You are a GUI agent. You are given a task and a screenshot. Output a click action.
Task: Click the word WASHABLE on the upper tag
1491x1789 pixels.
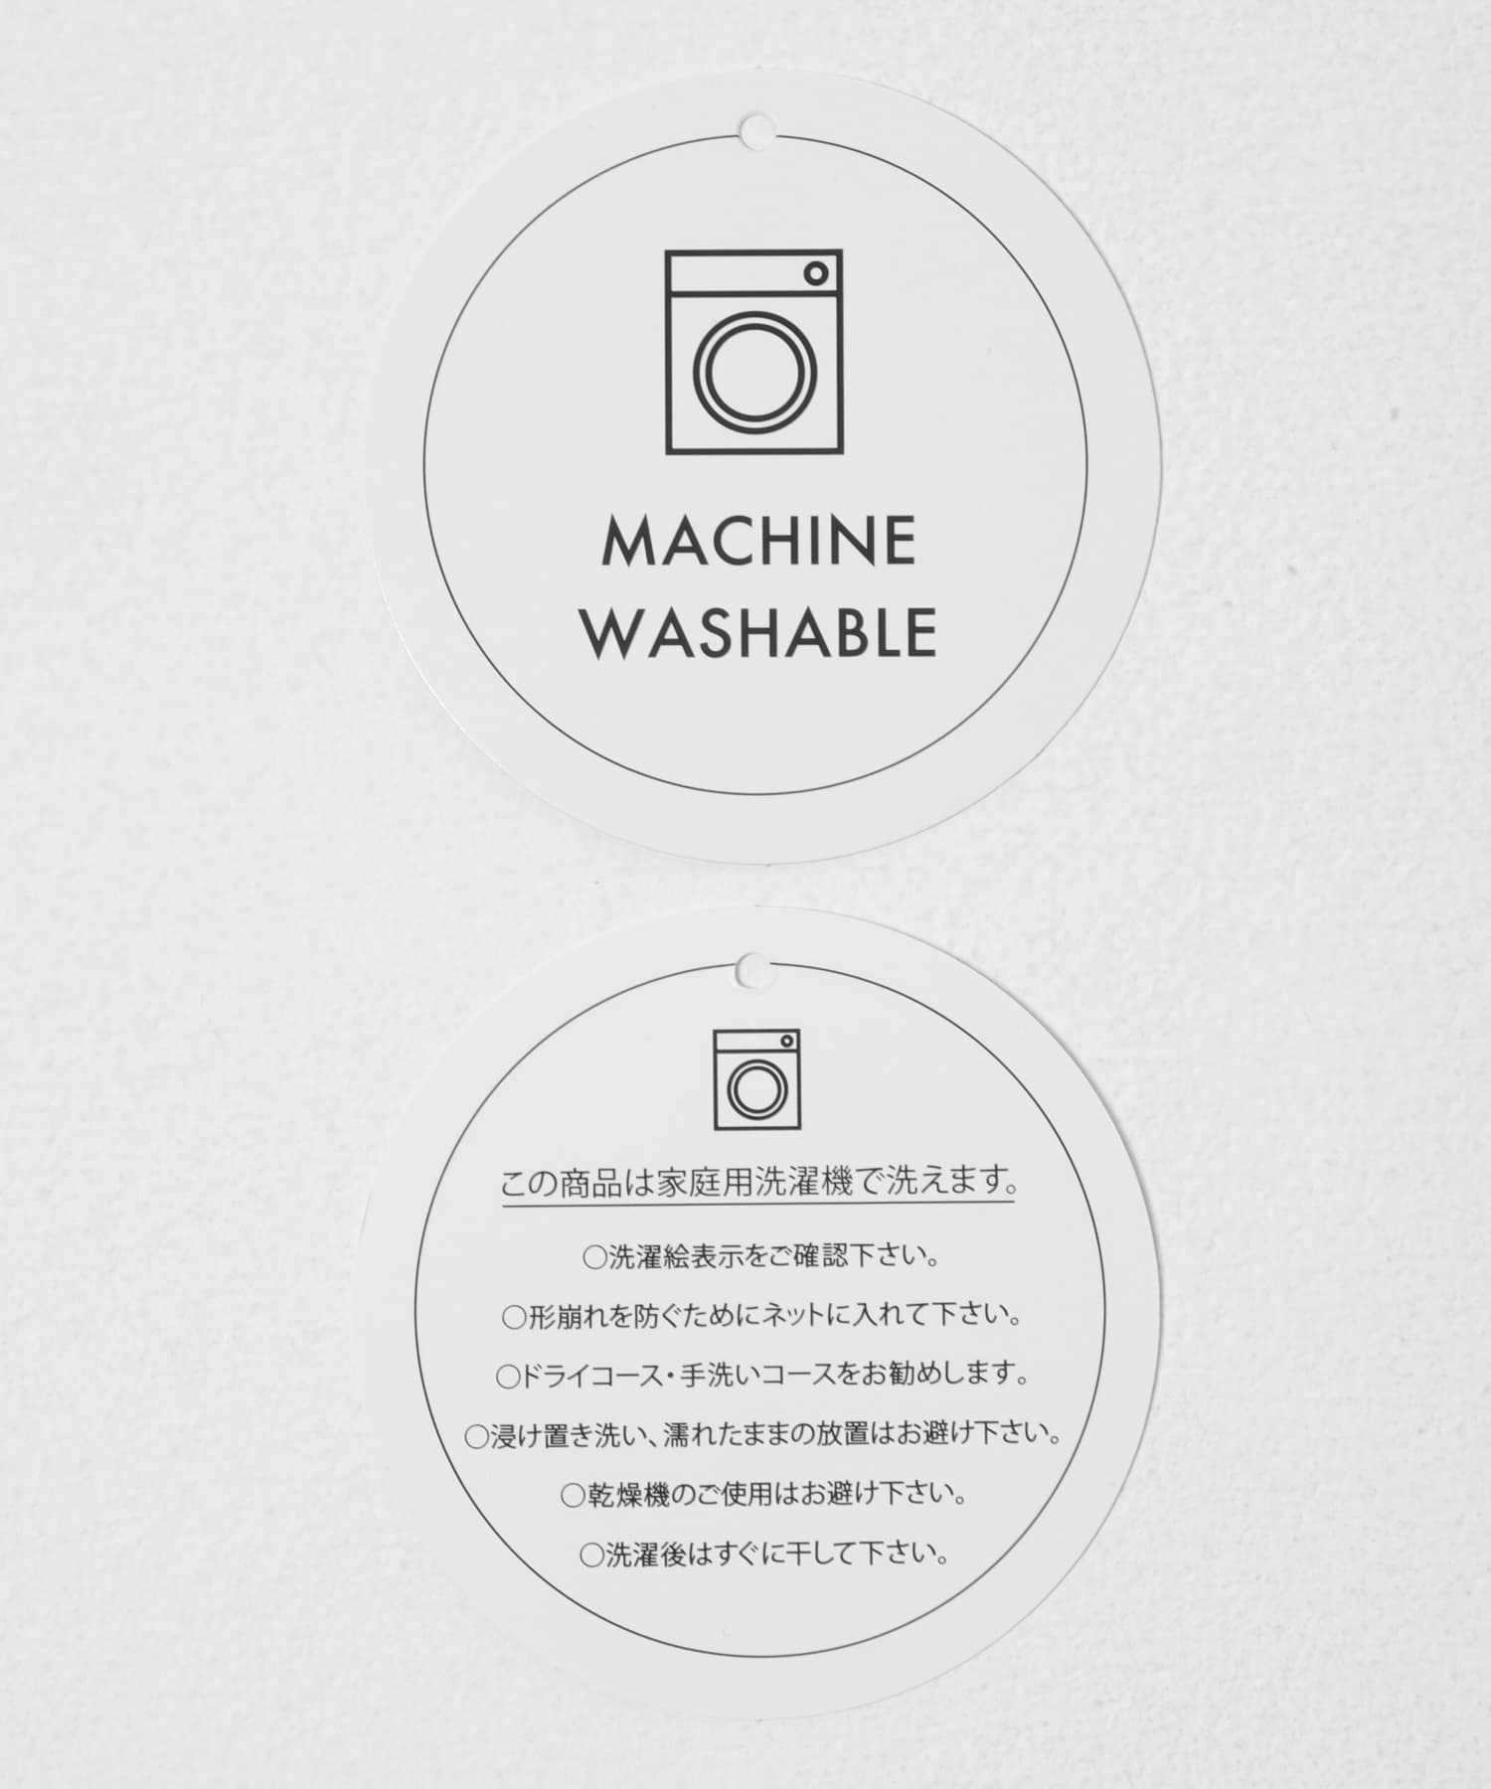[x=759, y=630]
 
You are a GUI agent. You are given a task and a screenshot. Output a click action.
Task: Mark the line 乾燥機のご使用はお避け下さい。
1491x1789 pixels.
[x=763, y=1495]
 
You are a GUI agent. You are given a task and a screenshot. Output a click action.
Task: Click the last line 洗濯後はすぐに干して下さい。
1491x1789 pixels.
[x=763, y=1554]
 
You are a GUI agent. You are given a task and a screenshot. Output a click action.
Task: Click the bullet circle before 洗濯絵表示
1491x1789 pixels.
[x=593, y=1258]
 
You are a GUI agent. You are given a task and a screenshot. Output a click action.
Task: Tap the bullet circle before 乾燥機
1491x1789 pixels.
[x=573, y=1496]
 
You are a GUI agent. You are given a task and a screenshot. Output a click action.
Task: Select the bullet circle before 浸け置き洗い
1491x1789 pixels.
[x=476, y=1437]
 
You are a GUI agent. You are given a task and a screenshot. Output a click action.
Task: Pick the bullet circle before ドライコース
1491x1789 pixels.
[x=507, y=1378]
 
